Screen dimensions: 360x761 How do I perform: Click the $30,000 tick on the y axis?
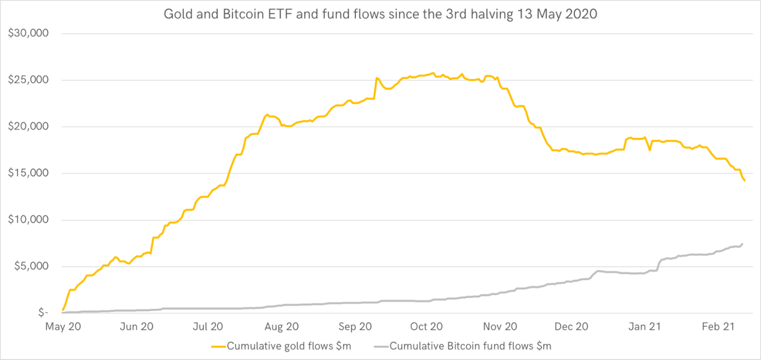(29, 33)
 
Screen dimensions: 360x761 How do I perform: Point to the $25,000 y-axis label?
(29, 80)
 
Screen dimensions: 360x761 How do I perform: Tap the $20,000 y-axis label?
(29, 127)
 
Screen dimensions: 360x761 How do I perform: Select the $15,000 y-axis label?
(29, 173)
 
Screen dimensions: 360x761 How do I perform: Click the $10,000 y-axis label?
(29, 220)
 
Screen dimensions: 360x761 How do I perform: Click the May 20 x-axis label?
(63, 327)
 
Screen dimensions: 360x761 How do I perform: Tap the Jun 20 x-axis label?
(136, 327)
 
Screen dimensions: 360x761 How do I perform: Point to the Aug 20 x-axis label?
(281, 327)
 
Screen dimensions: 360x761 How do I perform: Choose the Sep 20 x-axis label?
(355, 327)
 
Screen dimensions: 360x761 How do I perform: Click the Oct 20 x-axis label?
(426, 327)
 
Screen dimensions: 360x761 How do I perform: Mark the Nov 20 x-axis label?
(500, 327)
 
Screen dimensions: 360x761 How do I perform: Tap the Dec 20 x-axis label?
(572, 327)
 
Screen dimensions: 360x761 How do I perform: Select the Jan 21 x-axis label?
(645, 327)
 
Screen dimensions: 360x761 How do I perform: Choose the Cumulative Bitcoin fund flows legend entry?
(470, 346)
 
